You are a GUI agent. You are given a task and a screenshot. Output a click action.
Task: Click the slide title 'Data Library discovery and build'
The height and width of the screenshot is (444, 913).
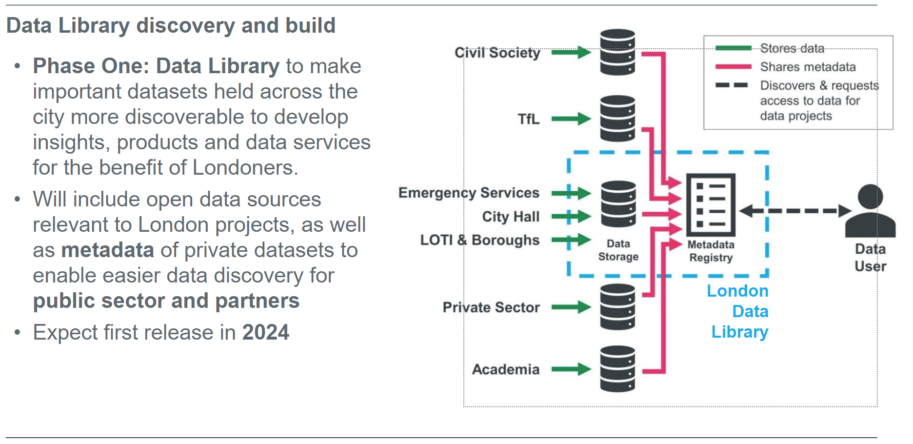point(171,25)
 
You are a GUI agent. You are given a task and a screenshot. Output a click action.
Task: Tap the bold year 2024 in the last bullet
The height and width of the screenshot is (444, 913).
point(266,332)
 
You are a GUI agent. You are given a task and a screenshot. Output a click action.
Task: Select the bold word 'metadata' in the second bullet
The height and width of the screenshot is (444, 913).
point(108,250)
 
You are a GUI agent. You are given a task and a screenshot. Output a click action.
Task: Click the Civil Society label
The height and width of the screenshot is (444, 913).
point(497,53)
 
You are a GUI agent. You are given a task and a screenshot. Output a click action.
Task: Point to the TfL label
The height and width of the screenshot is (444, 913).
point(529,119)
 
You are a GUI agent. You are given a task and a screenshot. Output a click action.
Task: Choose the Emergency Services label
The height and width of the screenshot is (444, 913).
point(469,193)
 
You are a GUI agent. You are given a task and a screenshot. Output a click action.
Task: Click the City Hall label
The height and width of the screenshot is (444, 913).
point(511,217)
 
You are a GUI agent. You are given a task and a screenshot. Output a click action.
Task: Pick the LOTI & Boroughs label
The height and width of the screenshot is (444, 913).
point(480,240)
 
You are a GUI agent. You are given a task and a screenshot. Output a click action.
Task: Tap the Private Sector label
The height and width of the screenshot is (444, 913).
point(491,307)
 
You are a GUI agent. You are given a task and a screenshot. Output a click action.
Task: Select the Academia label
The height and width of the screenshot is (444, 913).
point(506,369)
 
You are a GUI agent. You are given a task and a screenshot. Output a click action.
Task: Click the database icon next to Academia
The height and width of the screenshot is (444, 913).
point(617,369)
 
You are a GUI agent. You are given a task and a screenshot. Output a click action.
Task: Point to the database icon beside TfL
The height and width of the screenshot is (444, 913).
point(617,119)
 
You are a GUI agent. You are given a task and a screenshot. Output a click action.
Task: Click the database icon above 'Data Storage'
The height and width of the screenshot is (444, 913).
point(618,204)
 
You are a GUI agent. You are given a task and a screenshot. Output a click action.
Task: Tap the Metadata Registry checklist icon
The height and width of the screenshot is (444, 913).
point(711,204)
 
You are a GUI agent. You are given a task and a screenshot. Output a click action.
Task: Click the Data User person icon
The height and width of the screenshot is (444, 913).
point(871,211)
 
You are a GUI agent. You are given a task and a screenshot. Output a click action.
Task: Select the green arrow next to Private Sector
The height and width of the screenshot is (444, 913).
point(571,307)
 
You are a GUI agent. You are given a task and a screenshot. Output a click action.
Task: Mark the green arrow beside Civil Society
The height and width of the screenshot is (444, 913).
point(571,52)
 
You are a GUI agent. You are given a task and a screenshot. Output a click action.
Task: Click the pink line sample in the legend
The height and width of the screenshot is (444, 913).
point(733,67)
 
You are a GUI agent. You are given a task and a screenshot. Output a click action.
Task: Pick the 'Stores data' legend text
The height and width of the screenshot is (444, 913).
point(792,48)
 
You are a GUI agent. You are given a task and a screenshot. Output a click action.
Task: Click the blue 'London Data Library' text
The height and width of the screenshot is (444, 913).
point(738,311)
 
